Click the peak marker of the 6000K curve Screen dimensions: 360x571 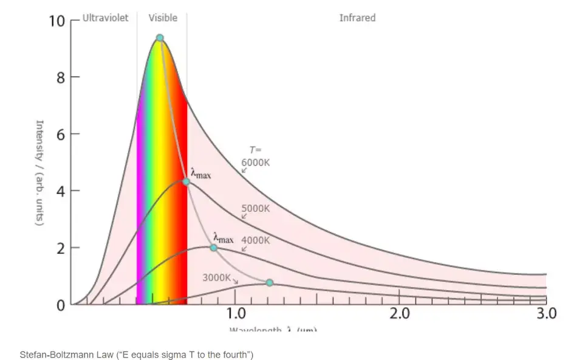click(x=160, y=38)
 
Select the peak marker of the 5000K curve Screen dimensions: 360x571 click(x=186, y=182)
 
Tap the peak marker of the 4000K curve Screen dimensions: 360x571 click(x=213, y=248)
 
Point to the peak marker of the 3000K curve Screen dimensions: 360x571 click(x=270, y=283)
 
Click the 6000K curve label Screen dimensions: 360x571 click(x=255, y=162)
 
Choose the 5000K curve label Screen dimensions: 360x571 click(x=255, y=208)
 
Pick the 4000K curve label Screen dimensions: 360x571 click(x=255, y=240)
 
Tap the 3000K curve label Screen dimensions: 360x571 click(x=217, y=278)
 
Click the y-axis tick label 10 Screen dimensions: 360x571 click(x=56, y=21)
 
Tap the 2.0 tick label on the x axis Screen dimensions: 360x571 click(x=399, y=314)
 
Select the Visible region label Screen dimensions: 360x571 click(x=163, y=18)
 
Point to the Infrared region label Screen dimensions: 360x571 click(x=357, y=18)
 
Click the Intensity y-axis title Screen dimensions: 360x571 click(x=40, y=172)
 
